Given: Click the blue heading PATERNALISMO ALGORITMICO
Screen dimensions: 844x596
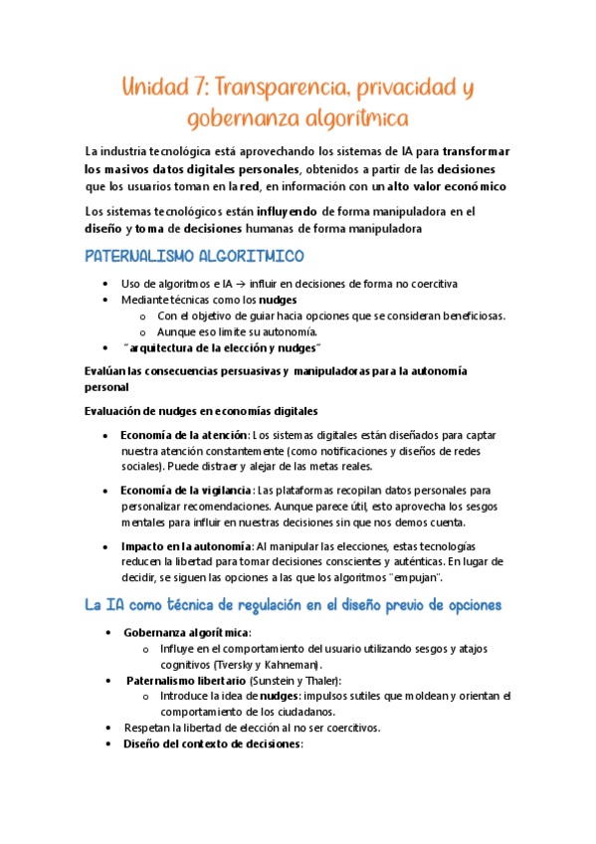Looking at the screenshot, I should click(x=194, y=258).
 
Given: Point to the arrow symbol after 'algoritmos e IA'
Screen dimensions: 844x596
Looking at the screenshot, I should click(x=241, y=284).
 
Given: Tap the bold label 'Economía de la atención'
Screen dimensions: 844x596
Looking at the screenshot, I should click(x=184, y=435).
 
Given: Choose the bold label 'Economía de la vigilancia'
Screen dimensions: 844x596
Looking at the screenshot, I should click(x=186, y=491).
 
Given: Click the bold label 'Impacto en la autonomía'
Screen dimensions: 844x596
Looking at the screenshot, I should click(x=186, y=546).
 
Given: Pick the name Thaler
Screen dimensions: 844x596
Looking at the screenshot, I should click(x=320, y=680).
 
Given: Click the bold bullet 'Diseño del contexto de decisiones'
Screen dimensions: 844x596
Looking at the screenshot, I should click(x=212, y=743).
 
